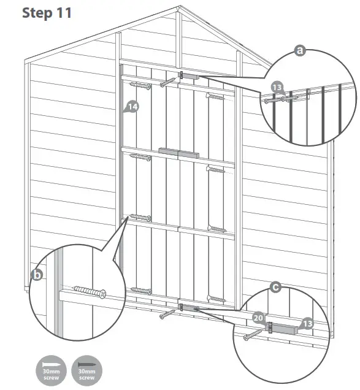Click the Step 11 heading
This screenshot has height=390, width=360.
coord(47,12)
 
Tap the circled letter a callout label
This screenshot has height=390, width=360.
coord(300,50)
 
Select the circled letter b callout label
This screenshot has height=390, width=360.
coord(37,275)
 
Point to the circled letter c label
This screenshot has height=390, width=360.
coord(276,286)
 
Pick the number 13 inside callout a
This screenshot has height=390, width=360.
coord(277,88)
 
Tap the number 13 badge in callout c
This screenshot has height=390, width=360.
coord(307,323)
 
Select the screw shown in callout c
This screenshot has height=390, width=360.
coord(254,334)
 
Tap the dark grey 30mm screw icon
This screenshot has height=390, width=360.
coord(86,370)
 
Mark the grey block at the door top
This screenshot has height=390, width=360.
coord(190,76)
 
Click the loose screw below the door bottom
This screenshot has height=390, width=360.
coord(167,315)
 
